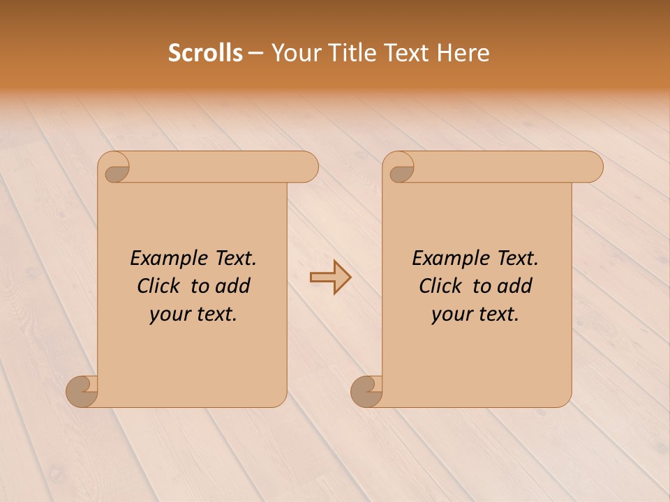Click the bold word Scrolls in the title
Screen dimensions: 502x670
205,53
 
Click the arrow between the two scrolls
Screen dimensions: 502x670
330,277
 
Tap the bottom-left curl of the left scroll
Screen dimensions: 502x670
82,390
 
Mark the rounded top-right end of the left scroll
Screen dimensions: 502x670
308,167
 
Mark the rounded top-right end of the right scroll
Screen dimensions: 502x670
593,167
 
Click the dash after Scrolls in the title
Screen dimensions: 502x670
255,54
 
